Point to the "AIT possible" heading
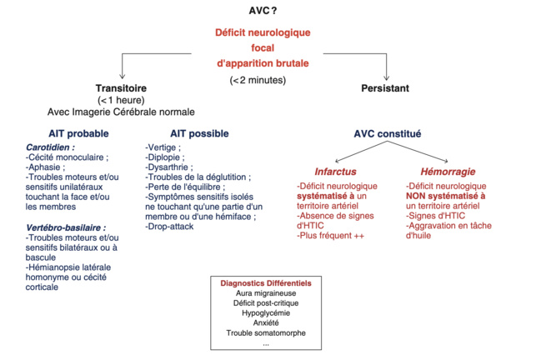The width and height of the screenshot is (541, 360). (199, 133)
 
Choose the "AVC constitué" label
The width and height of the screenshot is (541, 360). (388, 133)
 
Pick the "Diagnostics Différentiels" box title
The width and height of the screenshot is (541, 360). (266, 283)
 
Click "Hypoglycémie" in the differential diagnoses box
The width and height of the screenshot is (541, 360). (266, 313)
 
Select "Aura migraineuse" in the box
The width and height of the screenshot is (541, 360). (266, 293)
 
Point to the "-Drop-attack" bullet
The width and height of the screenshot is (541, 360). (173, 227)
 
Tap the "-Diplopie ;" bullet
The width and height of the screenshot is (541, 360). (167, 157)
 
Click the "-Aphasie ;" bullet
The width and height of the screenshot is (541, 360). (48, 167)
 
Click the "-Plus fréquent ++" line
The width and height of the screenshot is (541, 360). (331, 237)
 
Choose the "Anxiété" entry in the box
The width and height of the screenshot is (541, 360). (266, 323)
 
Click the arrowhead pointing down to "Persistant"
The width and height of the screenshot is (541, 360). (387, 77)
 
